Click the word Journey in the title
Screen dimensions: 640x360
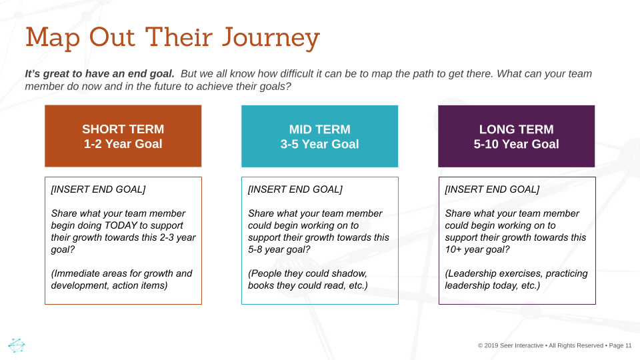point(271,39)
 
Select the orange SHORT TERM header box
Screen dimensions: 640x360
point(123,136)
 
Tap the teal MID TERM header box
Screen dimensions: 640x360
point(319,136)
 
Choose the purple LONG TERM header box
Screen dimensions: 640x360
point(516,136)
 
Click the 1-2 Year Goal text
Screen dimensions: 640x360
point(123,144)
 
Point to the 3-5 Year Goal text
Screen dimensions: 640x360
point(319,144)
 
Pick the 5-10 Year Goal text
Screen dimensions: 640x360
point(516,144)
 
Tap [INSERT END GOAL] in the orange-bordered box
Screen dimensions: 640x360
point(99,189)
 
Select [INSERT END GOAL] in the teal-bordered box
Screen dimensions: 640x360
point(295,189)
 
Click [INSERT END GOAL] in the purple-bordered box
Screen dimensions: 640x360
point(492,189)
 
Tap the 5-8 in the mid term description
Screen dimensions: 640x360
point(255,249)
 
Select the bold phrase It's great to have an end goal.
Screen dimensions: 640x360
point(99,74)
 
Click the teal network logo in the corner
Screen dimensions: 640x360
point(16,345)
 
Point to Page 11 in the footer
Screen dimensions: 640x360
point(620,345)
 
